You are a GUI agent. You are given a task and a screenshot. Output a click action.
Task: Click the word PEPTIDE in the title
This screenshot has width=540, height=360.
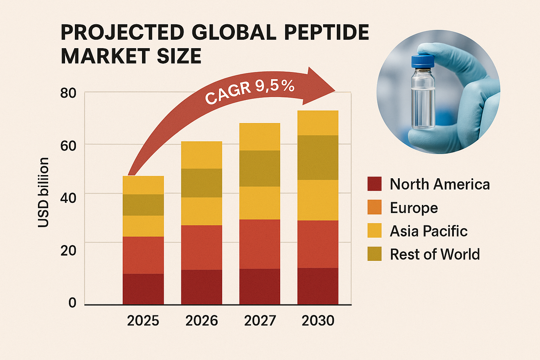pos(326,33)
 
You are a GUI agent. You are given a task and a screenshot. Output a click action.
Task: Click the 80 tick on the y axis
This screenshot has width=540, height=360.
pos(68,94)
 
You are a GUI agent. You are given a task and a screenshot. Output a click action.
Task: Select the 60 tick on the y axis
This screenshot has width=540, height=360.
pos(68,146)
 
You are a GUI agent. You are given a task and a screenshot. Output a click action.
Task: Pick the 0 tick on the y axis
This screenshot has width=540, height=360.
pos(72,303)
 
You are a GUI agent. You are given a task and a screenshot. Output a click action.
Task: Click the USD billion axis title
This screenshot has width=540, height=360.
pos(43,192)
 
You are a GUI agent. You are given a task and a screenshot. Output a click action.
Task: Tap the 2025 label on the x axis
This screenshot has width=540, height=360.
pos(143,321)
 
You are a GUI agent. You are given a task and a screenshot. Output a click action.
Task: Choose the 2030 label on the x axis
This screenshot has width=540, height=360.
pos(318,321)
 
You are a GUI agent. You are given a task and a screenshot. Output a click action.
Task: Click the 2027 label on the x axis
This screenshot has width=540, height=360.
pos(260,321)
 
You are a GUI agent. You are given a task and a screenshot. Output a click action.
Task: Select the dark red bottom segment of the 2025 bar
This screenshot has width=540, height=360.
pos(143,289)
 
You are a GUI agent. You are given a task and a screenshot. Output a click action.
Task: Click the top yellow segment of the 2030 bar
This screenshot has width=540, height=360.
pos(318,123)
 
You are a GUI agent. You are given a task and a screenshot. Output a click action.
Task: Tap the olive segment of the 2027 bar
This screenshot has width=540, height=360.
pos(260,168)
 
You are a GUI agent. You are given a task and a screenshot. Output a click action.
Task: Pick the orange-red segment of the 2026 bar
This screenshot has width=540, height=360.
pos(201,247)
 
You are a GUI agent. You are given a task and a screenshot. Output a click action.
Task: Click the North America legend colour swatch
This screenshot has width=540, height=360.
pos(374,184)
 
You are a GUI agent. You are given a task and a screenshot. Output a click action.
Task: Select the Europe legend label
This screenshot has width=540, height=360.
pos(414,208)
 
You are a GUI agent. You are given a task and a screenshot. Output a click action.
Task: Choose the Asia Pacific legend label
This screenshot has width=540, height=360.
pos(429,231)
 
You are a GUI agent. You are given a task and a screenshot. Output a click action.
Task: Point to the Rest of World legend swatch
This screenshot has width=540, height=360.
pos(374,254)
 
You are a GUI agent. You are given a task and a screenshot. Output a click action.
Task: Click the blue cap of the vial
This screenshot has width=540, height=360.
pos(423,62)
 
